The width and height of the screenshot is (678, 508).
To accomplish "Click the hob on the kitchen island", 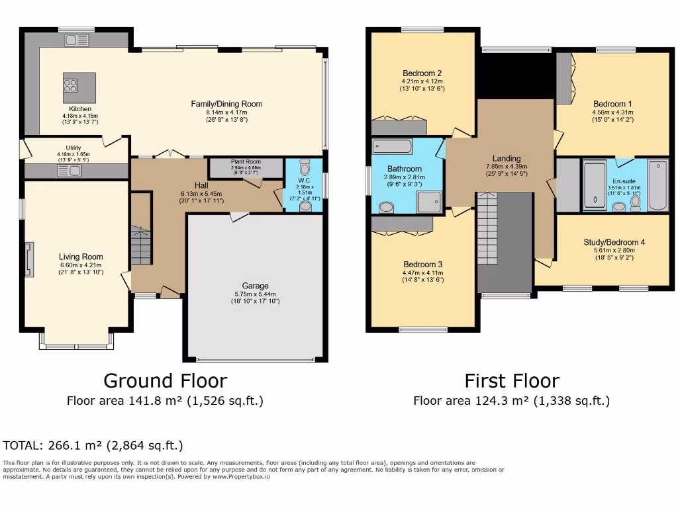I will (x=70, y=85).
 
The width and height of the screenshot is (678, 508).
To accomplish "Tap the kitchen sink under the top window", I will (x=72, y=40).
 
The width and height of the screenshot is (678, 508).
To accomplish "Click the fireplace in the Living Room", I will (x=28, y=259).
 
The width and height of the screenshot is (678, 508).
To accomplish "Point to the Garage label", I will (x=255, y=286).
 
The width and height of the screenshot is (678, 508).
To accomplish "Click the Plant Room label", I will (x=246, y=161).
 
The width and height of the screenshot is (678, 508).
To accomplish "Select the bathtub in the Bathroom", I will (x=392, y=146).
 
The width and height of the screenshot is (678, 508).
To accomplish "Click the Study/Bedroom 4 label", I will (x=614, y=242).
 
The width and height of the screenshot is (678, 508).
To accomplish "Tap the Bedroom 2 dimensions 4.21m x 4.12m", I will (x=422, y=81).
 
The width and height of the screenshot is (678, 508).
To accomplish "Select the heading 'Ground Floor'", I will (x=165, y=381).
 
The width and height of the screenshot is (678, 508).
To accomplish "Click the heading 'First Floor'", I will (x=511, y=381).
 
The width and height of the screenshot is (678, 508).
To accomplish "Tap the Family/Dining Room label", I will (x=226, y=104).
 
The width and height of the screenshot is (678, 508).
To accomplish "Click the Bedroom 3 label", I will (x=422, y=264).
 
